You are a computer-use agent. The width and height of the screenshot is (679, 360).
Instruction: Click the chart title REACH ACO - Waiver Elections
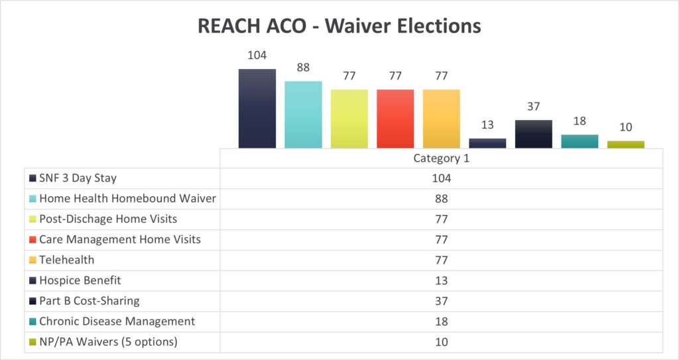(x=339, y=27)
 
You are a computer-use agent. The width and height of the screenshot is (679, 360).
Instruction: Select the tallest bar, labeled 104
(x=257, y=108)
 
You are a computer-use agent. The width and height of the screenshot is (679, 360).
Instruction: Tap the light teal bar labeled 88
(x=303, y=114)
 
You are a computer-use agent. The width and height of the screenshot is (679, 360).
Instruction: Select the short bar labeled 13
(x=487, y=143)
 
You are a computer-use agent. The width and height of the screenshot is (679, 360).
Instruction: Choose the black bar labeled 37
(x=534, y=133)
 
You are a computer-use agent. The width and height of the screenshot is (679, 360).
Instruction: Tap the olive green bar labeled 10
(x=626, y=144)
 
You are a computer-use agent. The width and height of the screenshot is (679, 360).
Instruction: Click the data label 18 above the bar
(x=580, y=121)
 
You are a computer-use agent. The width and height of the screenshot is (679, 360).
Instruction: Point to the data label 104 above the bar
(x=257, y=55)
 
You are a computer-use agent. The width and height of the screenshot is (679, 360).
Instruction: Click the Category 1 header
(x=441, y=158)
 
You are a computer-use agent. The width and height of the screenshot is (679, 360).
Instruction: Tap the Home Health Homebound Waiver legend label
(x=127, y=198)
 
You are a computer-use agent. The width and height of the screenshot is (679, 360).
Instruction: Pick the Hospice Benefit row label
(x=80, y=280)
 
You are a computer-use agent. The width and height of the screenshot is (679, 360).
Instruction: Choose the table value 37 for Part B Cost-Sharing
(x=441, y=301)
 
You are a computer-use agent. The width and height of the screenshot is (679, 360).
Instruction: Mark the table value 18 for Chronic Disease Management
(x=441, y=322)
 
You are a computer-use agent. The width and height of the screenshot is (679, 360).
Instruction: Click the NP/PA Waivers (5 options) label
(x=107, y=342)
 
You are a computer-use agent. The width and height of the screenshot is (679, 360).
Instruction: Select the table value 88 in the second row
(x=441, y=199)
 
